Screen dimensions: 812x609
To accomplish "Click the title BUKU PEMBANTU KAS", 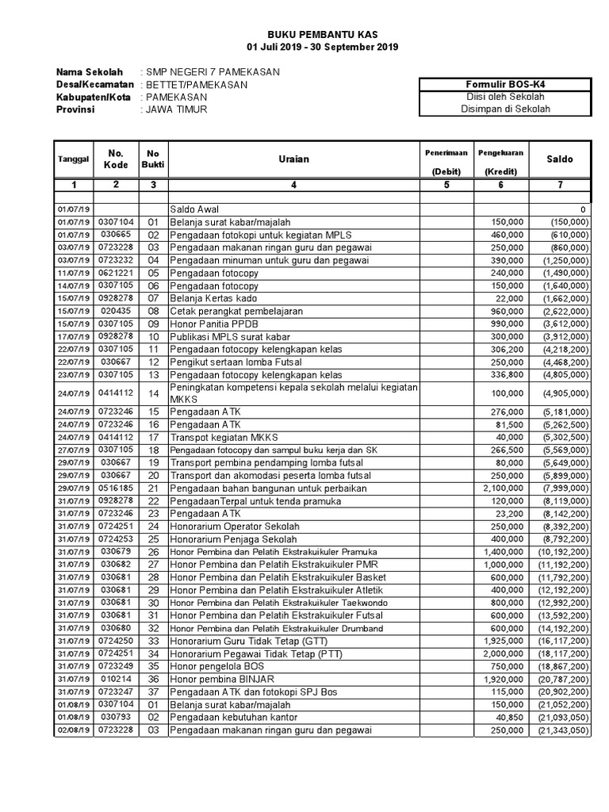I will [322, 35].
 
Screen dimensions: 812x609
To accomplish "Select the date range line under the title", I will [322, 48].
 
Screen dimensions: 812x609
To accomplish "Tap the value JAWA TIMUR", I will [176, 109].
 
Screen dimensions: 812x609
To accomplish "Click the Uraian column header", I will [293, 159].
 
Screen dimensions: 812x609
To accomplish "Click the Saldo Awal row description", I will [197, 210].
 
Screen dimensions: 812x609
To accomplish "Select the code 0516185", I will [116, 488].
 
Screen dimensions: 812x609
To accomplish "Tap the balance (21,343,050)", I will [560, 730].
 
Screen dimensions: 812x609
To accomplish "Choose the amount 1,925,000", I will [503, 641].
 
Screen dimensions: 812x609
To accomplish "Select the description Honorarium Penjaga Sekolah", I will [232, 539].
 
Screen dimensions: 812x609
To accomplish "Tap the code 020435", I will [116, 311].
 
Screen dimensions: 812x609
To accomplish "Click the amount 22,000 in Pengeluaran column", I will [510, 298].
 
